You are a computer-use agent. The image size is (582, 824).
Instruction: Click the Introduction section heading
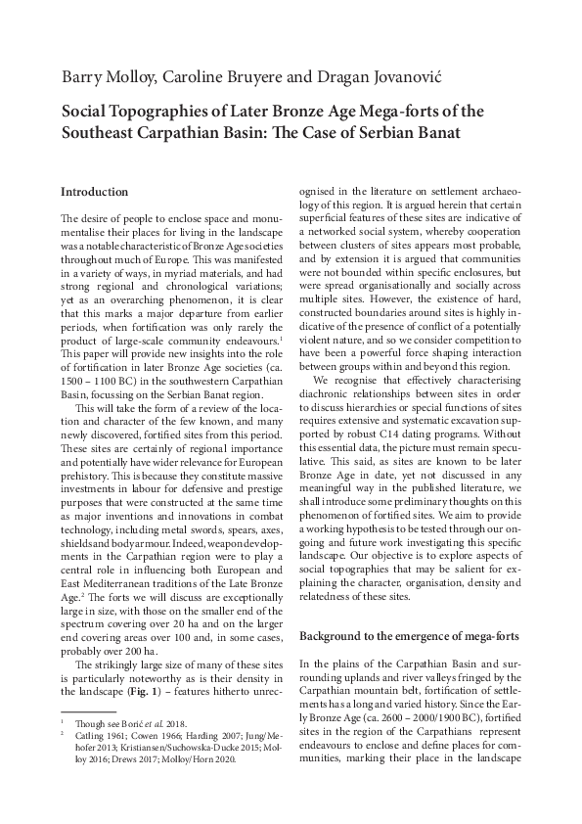pyautogui.click(x=94, y=192)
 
